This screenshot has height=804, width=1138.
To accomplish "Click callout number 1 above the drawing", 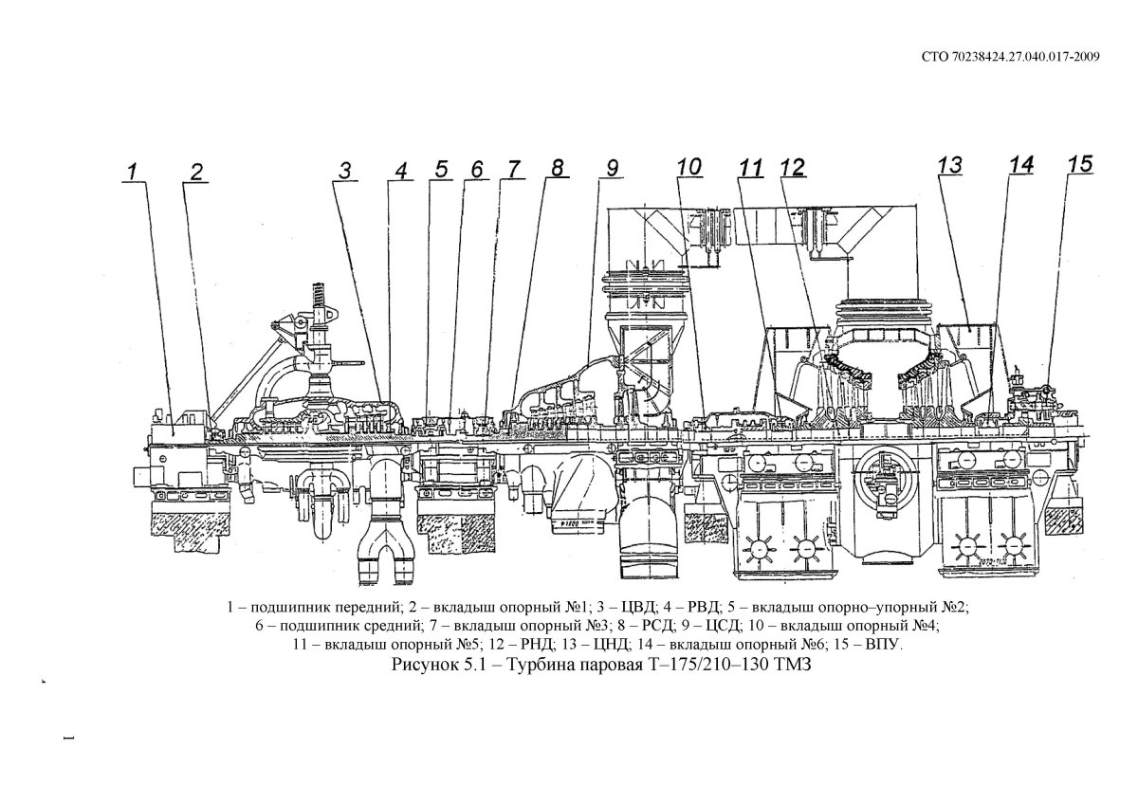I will (x=133, y=172).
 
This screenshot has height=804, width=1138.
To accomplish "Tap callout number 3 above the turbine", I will (x=347, y=171).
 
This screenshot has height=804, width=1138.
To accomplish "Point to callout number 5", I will (x=441, y=170).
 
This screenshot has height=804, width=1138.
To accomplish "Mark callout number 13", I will (x=950, y=165).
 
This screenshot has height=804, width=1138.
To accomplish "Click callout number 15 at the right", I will (x=1079, y=164).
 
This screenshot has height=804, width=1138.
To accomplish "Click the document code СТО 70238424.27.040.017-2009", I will (x=1010, y=57).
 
